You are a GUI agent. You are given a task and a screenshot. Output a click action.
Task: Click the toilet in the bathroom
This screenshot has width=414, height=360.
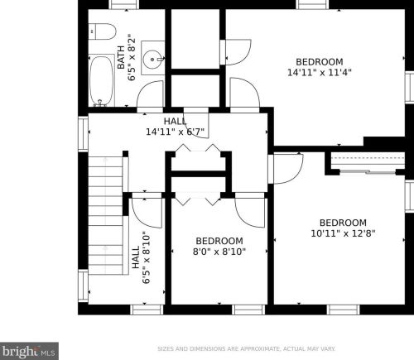102,31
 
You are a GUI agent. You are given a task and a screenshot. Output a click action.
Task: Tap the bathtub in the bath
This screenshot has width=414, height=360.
101,80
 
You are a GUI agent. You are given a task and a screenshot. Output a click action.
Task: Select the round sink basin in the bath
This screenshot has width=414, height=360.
152,59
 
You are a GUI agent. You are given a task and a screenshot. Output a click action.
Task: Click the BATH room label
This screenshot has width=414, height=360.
121,57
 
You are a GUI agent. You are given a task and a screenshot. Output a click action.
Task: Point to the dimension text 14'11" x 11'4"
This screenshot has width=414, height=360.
320,73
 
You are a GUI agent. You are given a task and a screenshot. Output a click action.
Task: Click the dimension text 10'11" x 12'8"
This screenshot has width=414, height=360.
343,233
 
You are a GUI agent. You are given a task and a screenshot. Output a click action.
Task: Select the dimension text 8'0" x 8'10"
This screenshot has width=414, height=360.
219,252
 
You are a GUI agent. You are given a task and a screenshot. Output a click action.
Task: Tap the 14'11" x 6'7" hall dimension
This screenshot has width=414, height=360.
175,132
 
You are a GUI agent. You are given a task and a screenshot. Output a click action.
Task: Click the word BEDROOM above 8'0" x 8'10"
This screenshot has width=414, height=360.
219,241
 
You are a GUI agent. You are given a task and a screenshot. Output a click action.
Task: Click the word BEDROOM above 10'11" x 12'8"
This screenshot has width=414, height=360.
343,223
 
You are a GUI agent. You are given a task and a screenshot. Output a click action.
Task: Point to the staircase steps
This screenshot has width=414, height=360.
105,215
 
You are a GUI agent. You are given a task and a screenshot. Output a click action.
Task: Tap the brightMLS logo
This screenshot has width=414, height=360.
29,351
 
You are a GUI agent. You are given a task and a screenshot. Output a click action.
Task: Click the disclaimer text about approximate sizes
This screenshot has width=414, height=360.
246,349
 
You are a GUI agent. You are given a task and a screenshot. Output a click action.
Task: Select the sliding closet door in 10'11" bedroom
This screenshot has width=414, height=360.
368,171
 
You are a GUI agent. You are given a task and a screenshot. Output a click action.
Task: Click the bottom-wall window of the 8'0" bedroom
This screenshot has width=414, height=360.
248,310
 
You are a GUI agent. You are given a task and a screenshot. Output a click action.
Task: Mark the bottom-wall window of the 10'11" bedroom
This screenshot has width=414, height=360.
344,310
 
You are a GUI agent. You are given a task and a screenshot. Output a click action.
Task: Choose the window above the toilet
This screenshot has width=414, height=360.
123,4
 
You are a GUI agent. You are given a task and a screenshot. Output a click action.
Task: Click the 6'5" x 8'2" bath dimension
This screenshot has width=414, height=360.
132,57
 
